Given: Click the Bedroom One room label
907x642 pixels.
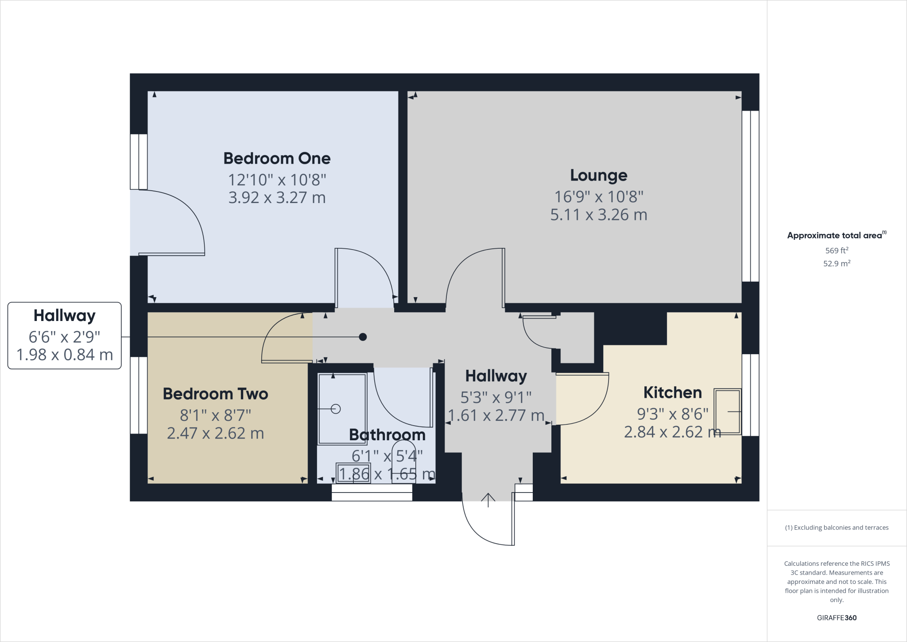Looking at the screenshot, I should [277, 158].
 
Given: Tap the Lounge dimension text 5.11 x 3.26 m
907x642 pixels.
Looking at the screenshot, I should [598, 215].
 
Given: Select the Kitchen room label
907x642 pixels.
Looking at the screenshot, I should [672, 392].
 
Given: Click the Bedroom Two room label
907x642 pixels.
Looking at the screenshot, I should [215, 394].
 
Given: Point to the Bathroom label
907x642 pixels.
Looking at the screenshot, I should [387, 435].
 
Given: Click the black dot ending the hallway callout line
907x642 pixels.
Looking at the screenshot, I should [363, 337].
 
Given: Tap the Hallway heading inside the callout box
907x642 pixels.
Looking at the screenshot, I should [65, 316].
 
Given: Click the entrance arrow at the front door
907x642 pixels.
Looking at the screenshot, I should [488, 500].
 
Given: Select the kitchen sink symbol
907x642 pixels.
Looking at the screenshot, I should [727, 411].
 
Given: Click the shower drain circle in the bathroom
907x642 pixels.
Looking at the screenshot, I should [336, 409].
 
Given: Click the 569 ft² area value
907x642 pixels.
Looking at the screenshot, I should [837, 251].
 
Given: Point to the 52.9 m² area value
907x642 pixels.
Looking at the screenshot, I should [837, 263].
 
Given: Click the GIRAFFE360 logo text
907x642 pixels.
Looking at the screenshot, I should [837, 618].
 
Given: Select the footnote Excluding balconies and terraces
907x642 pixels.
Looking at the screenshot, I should [837, 528].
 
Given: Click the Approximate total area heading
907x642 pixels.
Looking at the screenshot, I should [836, 235].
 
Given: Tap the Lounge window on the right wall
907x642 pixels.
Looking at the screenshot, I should [750, 196].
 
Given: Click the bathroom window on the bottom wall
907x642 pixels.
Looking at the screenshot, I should [372, 493].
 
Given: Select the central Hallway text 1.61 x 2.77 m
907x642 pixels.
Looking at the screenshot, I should [496, 415].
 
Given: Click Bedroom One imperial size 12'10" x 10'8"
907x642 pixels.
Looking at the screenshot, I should [277, 180].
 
